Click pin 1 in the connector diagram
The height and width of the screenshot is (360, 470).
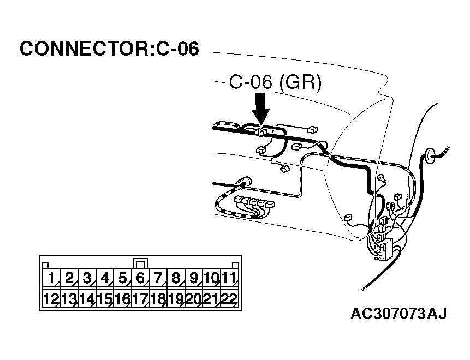[51, 279]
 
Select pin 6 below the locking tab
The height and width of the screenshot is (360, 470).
[140, 279]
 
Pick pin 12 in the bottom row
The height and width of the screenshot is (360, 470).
[51, 299]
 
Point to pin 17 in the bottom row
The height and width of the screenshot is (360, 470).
[140, 299]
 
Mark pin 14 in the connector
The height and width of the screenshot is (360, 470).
[87, 299]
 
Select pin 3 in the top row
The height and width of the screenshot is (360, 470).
[87, 279]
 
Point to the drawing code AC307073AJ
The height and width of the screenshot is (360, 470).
[398, 314]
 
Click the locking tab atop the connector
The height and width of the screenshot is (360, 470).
[140, 263]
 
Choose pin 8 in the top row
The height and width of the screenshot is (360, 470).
[176, 279]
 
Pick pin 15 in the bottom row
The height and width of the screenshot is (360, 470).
[104, 299]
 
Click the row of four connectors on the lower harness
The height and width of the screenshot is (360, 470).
[254, 203]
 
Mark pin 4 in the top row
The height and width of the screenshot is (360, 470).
[104, 279]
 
